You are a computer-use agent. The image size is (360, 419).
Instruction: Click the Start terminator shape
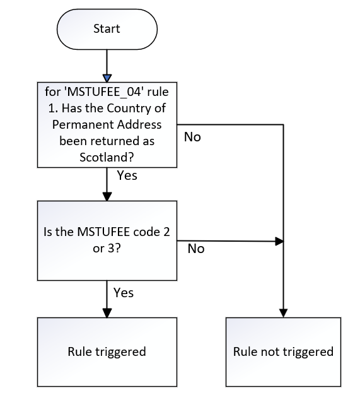pos(107,29)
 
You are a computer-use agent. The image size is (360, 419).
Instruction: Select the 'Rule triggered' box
pos(107,351)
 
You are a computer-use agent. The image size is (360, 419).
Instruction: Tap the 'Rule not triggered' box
pos(283,351)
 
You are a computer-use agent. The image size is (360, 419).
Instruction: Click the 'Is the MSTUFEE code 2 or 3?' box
pos(107,240)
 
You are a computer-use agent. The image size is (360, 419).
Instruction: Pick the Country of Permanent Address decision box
pos(107,124)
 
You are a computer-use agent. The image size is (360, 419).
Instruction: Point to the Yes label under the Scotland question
pos(127,176)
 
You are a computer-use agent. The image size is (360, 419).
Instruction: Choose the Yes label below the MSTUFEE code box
pos(124,292)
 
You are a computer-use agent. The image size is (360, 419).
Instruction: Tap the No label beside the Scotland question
pos(192,137)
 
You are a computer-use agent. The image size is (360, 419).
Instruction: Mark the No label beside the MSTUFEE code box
pos(196,249)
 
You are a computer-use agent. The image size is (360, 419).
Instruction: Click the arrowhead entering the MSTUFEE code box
pos(107,195)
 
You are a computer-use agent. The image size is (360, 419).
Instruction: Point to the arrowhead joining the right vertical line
pos(279,241)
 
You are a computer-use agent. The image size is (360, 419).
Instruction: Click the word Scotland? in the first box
pos(107,155)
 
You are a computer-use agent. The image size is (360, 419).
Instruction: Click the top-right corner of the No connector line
pos(284,124)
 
